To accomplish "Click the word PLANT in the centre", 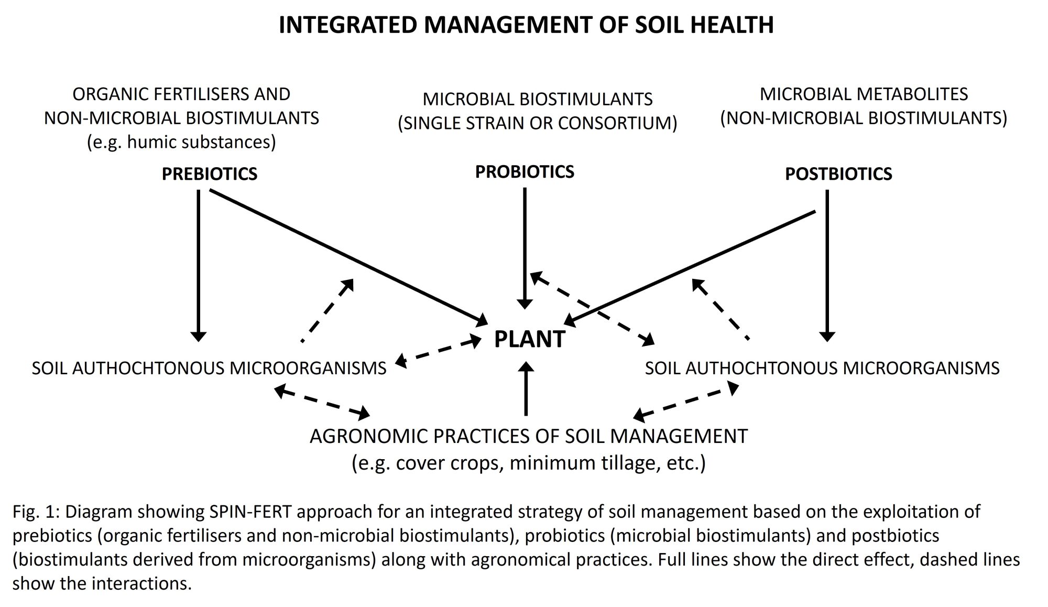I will [x=529, y=339].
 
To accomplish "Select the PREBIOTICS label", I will [x=210, y=174].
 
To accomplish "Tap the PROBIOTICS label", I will [x=525, y=172].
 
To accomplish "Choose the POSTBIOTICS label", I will [x=838, y=174].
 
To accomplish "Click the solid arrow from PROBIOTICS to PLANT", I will [x=525, y=246].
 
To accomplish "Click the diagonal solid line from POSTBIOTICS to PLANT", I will [x=692, y=265].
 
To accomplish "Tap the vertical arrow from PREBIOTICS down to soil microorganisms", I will [x=198, y=262].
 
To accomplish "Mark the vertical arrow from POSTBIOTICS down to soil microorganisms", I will [x=827, y=262].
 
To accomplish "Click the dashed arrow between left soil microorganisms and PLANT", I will [x=438, y=351].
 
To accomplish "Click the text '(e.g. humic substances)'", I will [x=181, y=142].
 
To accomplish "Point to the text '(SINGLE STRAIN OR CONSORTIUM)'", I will [x=538, y=123].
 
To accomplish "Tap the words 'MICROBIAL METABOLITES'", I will [x=864, y=94].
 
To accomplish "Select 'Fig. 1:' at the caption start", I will [x=36, y=511].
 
